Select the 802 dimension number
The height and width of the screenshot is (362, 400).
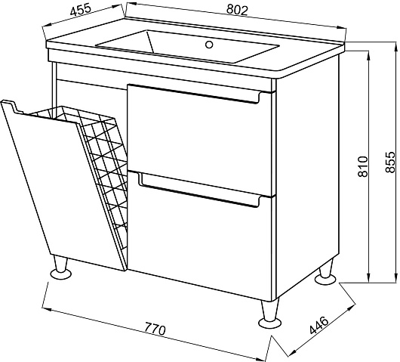[x=237, y=10]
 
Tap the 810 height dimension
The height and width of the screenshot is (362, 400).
[x=363, y=166]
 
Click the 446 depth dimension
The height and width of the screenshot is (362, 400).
[x=319, y=325]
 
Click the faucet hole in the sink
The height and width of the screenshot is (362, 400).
[x=209, y=45]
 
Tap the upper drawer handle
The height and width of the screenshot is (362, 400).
[x=194, y=94]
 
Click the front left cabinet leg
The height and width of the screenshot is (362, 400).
[x=60, y=268]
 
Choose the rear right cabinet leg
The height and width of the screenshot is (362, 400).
[x=325, y=273]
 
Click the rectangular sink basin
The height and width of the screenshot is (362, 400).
[x=187, y=46]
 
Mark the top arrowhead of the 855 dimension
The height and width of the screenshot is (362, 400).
[x=396, y=47]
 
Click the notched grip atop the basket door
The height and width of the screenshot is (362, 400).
[x=12, y=107]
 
